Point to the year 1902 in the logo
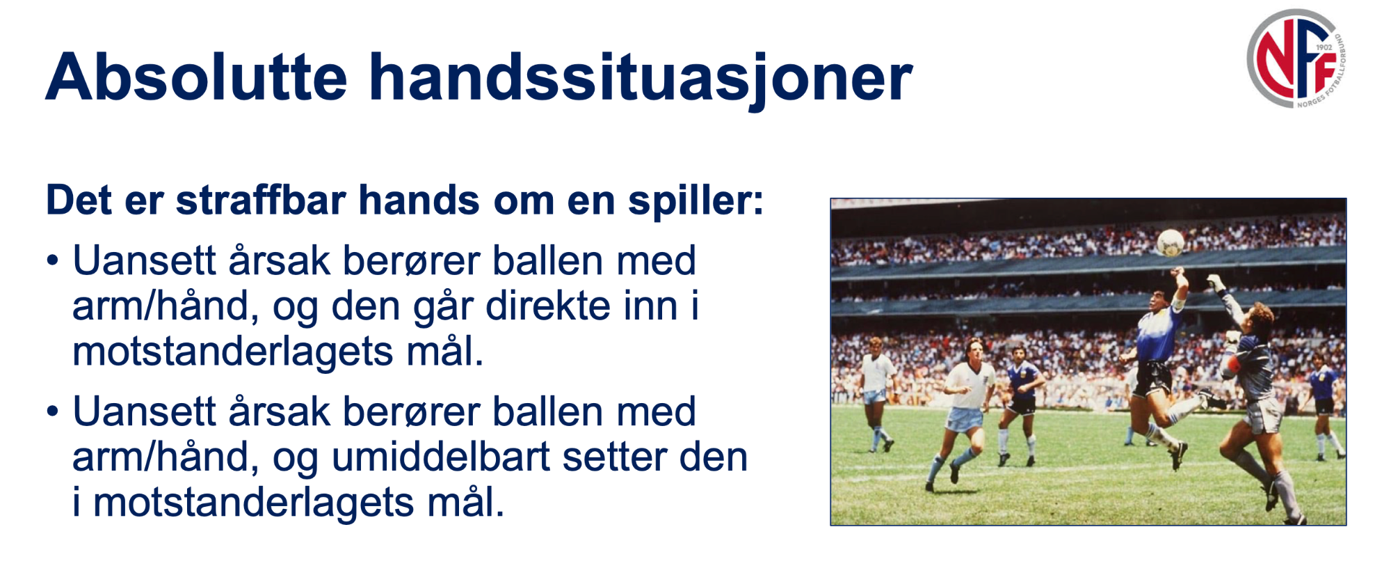tap(1324, 47)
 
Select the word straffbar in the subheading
tap(261, 200)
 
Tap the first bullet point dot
tap(53, 262)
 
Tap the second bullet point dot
tap(53, 412)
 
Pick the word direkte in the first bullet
tap(547, 306)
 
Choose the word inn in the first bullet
tap(650, 306)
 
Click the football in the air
tap(1171, 243)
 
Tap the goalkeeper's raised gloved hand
tap(1216, 283)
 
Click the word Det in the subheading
tap(79, 200)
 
